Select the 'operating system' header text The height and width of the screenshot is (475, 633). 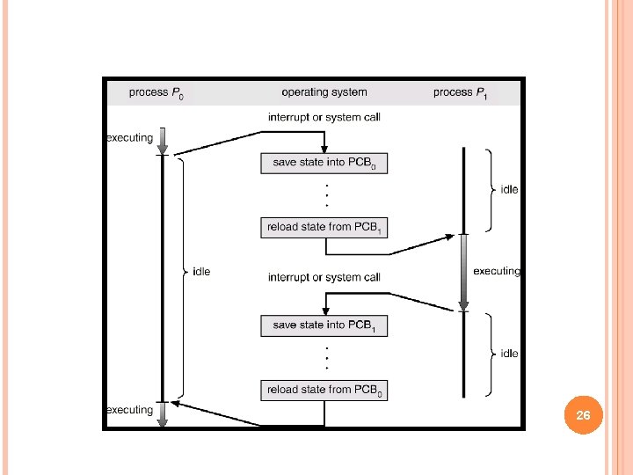click(324, 91)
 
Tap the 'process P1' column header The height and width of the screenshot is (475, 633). click(461, 92)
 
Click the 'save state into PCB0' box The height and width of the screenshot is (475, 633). click(324, 163)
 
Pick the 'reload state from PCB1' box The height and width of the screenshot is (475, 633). click(324, 227)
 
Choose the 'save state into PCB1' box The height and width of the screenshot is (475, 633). click(324, 325)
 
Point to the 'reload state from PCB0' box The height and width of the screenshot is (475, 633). click(324, 390)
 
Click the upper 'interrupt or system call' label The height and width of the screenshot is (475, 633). click(324, 117)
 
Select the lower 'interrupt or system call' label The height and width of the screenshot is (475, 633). click(324, 277)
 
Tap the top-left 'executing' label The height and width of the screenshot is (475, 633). click(129, 137)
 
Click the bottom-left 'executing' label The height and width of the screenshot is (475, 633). click(129, 409)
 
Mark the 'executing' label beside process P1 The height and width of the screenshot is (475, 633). click(497, 271)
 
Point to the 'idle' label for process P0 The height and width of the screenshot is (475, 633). click(201, 272)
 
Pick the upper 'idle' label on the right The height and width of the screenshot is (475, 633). click(509, 189)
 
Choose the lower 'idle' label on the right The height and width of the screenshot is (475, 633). click(509, 353)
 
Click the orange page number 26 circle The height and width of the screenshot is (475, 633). click(583, 415)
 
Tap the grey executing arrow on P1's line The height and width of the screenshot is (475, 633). click(464, 271)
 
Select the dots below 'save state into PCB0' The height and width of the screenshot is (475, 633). click(326, 194)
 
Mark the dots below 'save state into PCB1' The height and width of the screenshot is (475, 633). click(326, 358)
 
